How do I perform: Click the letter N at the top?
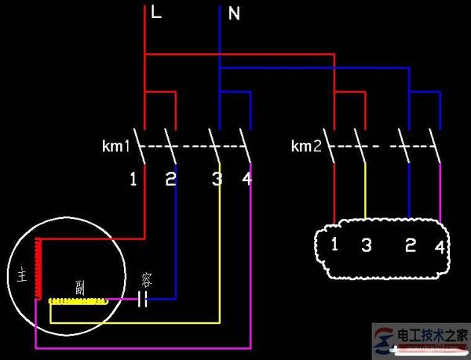tap(233, 13)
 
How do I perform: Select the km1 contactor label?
tap(116, 146)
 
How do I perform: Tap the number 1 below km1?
tap(133, 180)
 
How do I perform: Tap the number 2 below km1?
tap(170, 180)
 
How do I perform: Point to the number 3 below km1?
tap(217, 180)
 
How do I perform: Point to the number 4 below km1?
tap(247, 180)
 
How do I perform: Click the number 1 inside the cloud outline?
tap(334, 244)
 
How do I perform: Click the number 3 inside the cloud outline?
tap(366, 245)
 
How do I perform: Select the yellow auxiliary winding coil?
tap(76, 300)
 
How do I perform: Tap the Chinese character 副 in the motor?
tap(79, 285)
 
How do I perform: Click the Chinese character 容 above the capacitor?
tap(146, 278)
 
